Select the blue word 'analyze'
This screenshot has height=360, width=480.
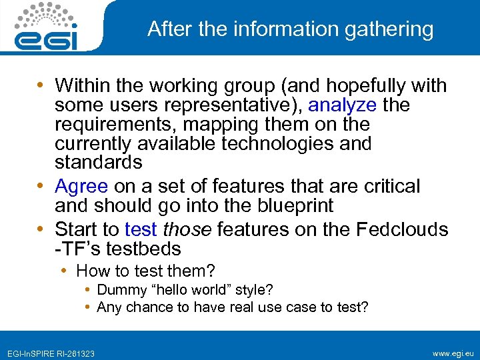(x=342, y=105)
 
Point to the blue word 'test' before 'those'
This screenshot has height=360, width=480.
(x=141, y=229)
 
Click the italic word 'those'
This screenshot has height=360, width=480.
(x=187, y=229)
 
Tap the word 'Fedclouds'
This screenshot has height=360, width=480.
(x=402, y=229)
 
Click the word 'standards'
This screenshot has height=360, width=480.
(x=98, y=162)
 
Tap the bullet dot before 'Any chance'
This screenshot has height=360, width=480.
(x=89, y=307)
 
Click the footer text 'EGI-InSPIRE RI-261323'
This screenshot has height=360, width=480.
(x=51, y=353)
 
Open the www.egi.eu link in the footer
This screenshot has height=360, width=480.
(x=453, y=352)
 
